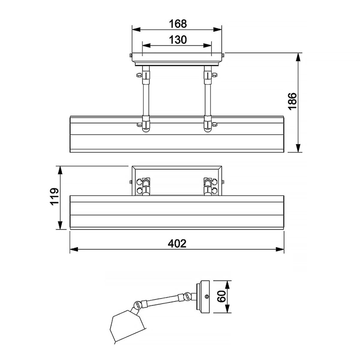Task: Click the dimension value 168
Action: click(x=178, y=23)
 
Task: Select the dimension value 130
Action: click(x=178, y=40)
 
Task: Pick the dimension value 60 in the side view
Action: click(x=221, y=297)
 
